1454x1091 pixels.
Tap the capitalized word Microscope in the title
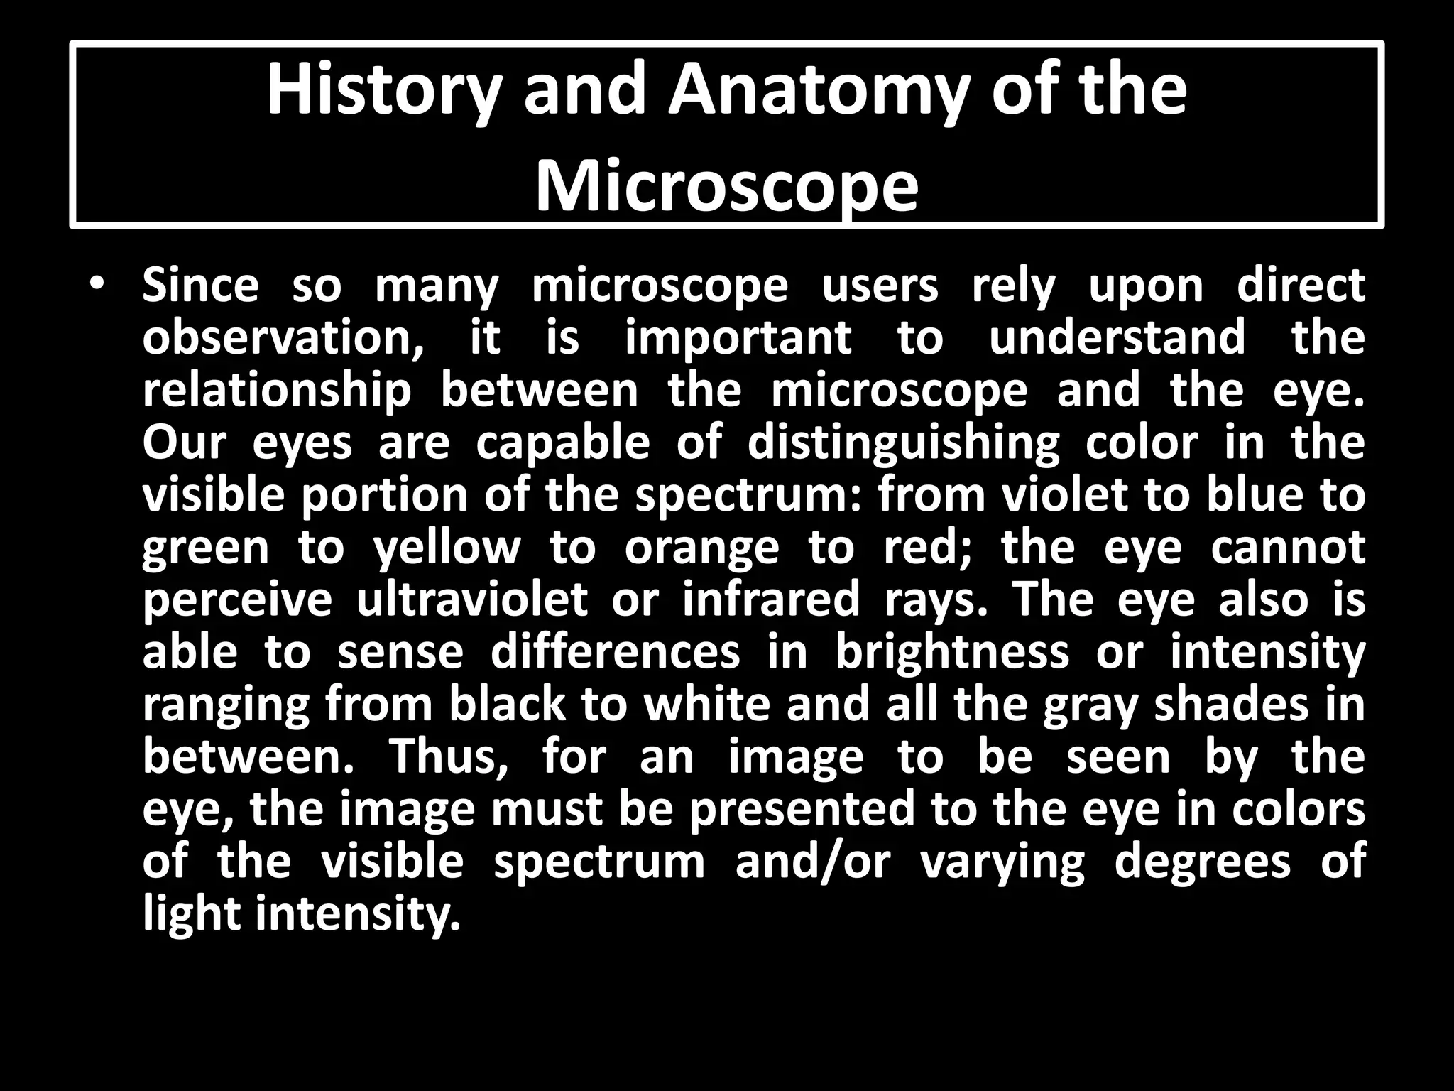tap(726, 186)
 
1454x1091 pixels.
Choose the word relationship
tap(277, 391)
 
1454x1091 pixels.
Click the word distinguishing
tap(903, 444)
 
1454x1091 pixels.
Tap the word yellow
tap(447, 548)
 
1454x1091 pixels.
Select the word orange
tap(701, 548)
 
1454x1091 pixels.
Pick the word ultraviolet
tap(472, 600)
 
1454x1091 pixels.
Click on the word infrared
tap(771, 600)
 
